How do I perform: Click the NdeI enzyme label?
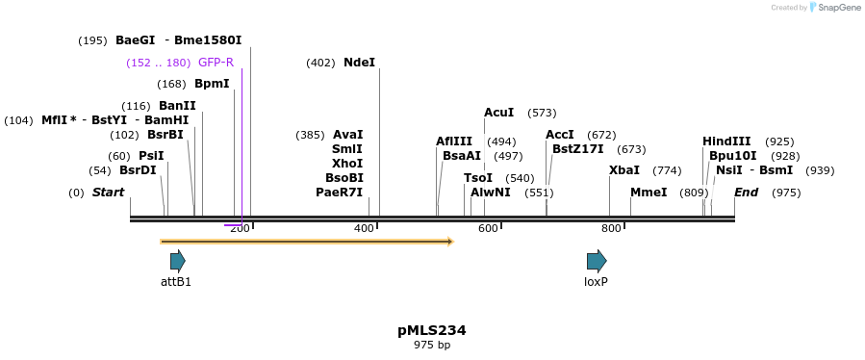[x=359, y=63]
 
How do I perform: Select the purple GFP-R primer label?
[x=216, y=63]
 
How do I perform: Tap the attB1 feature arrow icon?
[x=177, y=261]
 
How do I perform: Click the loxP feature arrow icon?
[x=597, y=261]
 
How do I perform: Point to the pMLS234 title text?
[x=432, y=330]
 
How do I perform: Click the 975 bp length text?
[x=432, y=345]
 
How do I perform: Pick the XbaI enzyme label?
[x=624, y=170]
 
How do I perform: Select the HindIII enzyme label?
[x=726, y=141]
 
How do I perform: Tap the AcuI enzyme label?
[x=498, y=113]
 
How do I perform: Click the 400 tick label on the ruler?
[x=364, y=228]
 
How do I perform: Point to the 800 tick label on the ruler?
[x=611, y=228]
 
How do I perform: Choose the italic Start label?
[x=108, y=193]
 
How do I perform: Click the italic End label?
[x=747, y=193]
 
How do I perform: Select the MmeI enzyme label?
[x=649, y=193]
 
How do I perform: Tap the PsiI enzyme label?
[x=151, y=156]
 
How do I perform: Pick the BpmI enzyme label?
[x=212, y=84]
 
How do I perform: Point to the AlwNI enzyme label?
[x=491, y=193]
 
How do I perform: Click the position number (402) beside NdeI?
[x=320, y=63]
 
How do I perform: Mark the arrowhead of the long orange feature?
[x=448, y=242]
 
